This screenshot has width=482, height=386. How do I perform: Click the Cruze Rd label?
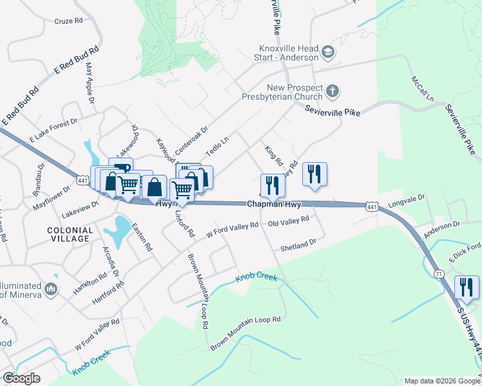[69, 21]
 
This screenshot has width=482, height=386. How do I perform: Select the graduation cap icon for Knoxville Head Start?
[328, 52]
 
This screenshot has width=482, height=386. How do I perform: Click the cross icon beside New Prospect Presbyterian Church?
[333, 91]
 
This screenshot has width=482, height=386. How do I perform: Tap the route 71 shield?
[437, 256]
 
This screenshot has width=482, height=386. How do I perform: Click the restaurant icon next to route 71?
[467, 287]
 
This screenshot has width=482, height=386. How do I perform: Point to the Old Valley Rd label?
[289, 220]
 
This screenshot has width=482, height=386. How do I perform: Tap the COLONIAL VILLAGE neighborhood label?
[68, 234]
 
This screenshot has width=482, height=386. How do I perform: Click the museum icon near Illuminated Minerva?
[52, 287]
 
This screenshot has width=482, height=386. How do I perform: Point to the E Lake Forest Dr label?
[53, 129]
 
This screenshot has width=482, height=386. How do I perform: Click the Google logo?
[21, 378]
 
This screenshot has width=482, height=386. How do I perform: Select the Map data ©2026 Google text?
[441, 381]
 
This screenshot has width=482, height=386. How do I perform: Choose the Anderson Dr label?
[441, 225]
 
